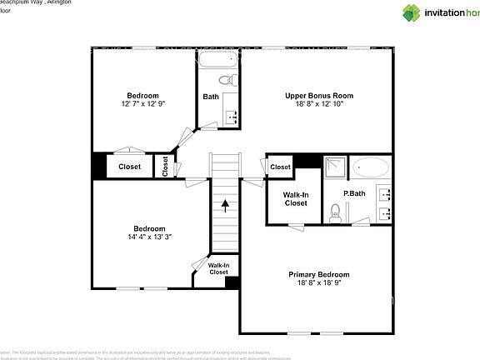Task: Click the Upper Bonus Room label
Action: click(x=319, y=95)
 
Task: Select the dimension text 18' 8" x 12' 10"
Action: click(x=319, y=104)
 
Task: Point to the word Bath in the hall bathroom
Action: click(x=211, y=97)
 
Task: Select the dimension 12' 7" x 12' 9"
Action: click(x=142, y=104)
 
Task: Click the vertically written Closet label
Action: click(x=165, y=167)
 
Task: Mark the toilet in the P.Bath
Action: click(x=335, y=214)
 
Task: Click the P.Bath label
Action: click(x=355, y=193)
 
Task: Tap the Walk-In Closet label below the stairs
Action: click(x=218, y=268)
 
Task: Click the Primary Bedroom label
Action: click(x=319, y=274)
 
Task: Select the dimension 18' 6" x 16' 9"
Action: click(x=319, y=283)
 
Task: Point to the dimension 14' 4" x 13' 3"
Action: click(x=150, y=237)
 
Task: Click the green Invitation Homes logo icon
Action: click(x=412, y=12)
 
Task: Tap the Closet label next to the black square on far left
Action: click(x=129, y=167)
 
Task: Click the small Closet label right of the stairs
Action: click(x=280, y=167)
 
